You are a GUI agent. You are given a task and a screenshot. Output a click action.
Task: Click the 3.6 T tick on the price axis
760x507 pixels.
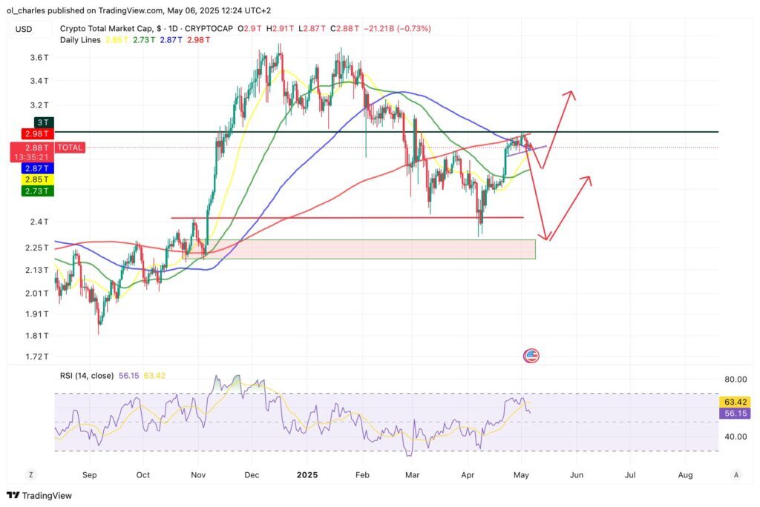pyautogui.click(x=39, y=57)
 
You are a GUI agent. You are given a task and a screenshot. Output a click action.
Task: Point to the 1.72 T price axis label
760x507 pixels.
pyautogui.click(x=39, y=357)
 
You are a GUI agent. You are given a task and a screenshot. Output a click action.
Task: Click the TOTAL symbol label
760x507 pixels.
pyautogui.click(x=72, y=148)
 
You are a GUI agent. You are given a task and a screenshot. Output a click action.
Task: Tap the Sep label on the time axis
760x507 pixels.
pyautogui.click(x=89, y=474)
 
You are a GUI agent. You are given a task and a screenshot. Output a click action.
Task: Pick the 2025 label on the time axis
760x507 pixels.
pyautogui.click(x=307, y=474)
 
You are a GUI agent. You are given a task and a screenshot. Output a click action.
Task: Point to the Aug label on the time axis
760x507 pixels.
pyautogui.click(x=685, y=474)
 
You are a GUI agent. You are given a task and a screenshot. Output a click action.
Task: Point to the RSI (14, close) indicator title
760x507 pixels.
pyautogui.click(x=87, y=376)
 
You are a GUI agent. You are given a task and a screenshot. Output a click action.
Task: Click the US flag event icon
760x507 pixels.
pyautogui.click(x=531, y=356)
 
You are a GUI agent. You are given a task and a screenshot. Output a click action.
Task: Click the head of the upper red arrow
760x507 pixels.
pyautogui.click(x=570, y=93)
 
